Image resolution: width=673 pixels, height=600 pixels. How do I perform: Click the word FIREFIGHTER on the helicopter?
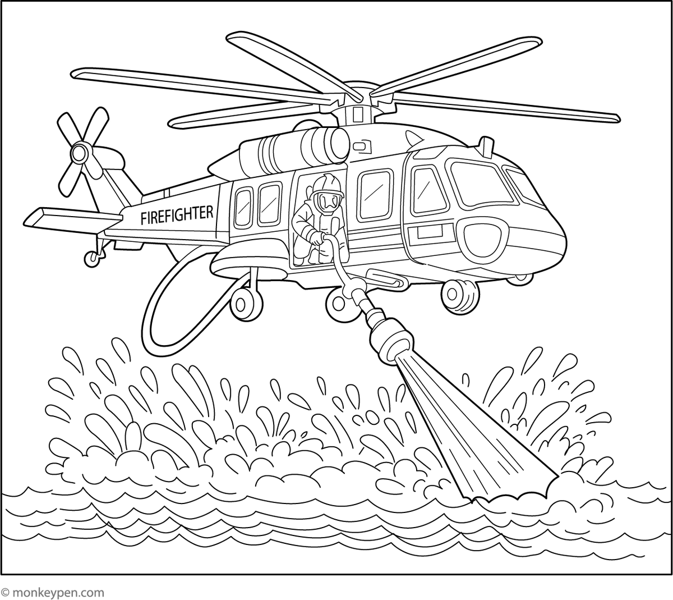177,214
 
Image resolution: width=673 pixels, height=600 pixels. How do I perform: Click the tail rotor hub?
80,151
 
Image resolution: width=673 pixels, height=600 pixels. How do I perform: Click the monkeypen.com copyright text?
53,592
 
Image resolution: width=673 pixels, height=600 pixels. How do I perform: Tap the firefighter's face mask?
328,200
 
